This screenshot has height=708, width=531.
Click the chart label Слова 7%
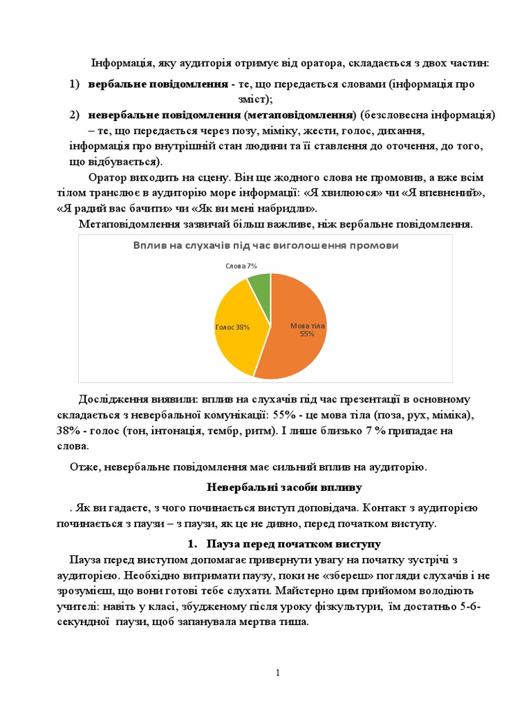241,265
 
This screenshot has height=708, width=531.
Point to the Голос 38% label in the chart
232,327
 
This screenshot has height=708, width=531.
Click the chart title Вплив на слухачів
265,245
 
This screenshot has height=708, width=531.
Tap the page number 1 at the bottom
277,673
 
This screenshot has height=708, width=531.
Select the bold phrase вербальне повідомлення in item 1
158,84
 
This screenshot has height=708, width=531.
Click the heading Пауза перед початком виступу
295,544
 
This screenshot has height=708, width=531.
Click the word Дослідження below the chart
113,400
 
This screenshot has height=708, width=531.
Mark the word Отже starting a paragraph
83,467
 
